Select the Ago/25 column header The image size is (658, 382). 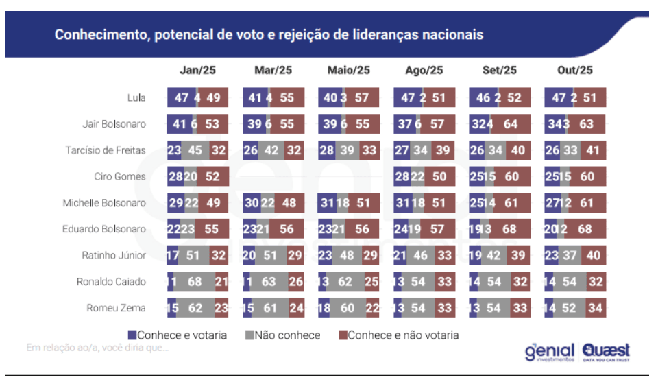[x=424, y=70]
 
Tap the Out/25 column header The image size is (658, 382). [x=575, y=70]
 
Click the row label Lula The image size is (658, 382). [x=136, y=97]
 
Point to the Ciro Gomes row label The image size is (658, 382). [x=120, y=176]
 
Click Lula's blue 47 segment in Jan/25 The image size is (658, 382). [x=181, y=97]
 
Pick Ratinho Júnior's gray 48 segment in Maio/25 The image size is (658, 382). [x=348, y=255]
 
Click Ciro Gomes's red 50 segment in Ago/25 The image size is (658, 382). [x=439, y=176]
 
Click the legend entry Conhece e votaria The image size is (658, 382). [x=182, y=335]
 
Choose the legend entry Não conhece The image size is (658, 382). [x=287, y=335]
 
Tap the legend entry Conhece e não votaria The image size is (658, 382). [x=402, y=335]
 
